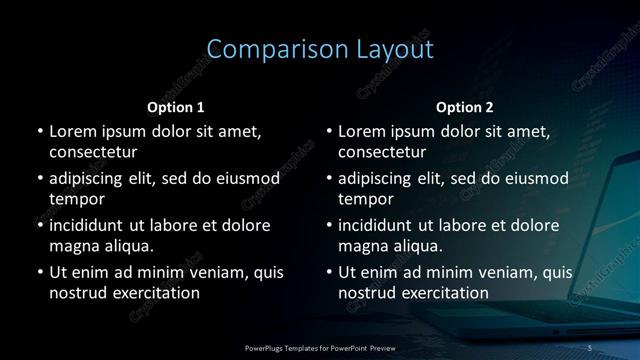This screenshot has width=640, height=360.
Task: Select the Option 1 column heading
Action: tap(176, 107)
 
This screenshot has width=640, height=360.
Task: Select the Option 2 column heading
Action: tap(465, 107)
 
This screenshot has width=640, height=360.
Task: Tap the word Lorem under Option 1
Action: tap(72, 131)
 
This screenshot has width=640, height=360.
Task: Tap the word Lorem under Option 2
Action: tap(361, 131)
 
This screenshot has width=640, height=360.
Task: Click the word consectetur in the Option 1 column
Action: tap(93, 153)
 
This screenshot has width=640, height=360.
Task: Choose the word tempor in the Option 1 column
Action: tap(76, 199)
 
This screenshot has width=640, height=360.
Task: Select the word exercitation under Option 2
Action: tap(443, 293)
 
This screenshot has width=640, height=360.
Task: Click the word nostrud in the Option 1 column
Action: tap(77, 293)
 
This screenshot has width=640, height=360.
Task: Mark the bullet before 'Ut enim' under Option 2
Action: tap(329, 271)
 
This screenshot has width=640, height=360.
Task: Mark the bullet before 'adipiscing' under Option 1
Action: tap(40, 178)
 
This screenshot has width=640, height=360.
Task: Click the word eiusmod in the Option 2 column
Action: tap(536, 178)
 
